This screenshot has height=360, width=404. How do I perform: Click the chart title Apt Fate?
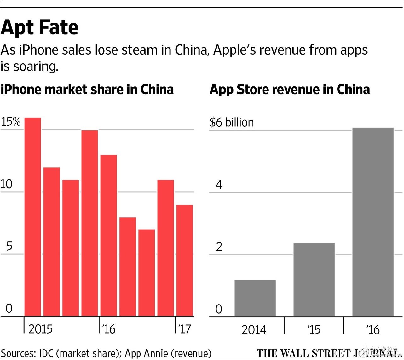tap(40, 27)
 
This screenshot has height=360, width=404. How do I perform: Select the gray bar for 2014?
tap(255, 298)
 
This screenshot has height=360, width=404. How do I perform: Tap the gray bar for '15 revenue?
tap(314, 280)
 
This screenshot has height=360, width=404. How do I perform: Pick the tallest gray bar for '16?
tap(373, 222)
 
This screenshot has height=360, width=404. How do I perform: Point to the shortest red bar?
tap(147, 273)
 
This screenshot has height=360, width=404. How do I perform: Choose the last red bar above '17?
tap(184, 260)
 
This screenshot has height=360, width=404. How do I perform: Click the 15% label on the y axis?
tap(11, 122)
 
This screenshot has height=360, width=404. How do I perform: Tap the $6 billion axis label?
tap(232, 122)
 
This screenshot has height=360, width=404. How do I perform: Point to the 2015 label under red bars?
tap(40, 329)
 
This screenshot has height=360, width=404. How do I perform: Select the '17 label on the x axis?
tap(185, 329)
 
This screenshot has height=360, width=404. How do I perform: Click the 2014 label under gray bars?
tap(254, 330)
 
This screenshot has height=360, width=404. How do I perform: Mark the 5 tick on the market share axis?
tap(9, 246)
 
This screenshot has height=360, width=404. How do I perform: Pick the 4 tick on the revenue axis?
tap(219, 184)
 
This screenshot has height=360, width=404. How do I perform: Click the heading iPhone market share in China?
tap(87, 90)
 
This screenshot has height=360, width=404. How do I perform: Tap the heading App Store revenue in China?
tap(290, 90)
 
